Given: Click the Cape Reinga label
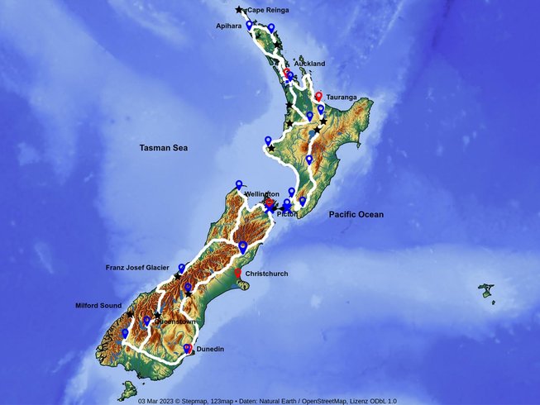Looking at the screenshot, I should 269,10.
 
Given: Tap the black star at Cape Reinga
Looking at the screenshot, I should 240,10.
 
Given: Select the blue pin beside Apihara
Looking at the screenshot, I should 249,26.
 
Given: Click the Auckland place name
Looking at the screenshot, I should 309,64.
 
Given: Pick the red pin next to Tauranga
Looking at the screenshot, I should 318,96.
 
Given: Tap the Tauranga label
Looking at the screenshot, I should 342,97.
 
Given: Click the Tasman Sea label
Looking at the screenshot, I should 163,148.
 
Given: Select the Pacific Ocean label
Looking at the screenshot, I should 356,215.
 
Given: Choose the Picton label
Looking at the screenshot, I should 287,214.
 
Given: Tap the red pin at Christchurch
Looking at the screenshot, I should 237,274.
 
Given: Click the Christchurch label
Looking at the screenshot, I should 267,274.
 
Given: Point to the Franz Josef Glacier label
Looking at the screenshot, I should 137,268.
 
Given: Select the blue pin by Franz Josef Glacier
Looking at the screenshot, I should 181,269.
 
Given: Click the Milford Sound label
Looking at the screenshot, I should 98,305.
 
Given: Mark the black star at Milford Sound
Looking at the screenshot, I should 130,314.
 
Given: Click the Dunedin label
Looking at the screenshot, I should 210,349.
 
